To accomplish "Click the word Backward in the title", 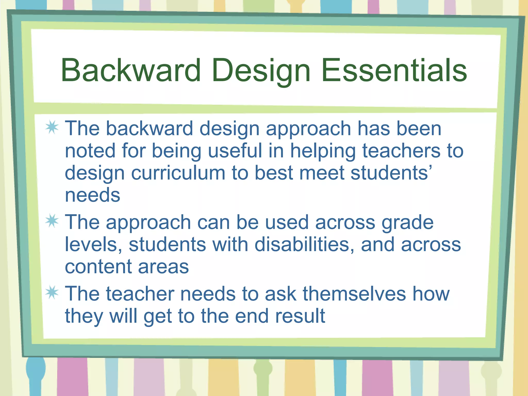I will [x=131, y=70].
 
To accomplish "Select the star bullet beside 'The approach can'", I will [x=52, y=221].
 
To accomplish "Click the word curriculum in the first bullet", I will [x=178, y=173].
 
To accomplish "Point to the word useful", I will [x=235, y=151].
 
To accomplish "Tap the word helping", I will [x=323, y=151].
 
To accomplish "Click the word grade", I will [x=408, y=222].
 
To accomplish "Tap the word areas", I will [x=163, y=267].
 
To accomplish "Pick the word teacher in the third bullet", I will [x=140, y=294].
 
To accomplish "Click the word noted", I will [x=90, y=151].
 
